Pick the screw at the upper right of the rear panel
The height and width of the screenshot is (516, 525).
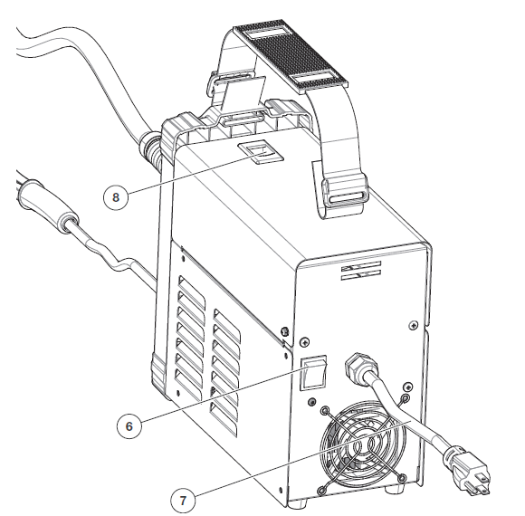(x=413, y=324)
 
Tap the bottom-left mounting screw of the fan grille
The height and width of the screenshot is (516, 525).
(x=323, y=489)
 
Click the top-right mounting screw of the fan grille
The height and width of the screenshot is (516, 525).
(x=405, y=398)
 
